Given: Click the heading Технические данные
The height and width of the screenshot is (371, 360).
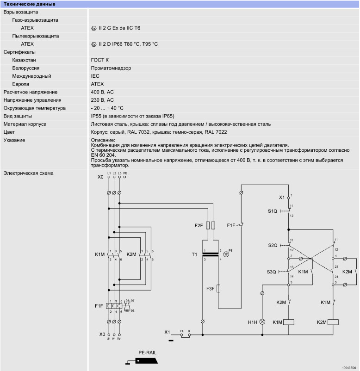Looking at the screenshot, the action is [29, 4].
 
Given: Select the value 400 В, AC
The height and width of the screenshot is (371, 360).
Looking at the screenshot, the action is [102, 92].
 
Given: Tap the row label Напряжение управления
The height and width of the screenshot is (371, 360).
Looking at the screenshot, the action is [32, 100].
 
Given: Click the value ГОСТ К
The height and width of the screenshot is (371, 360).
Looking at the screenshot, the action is [99, 60].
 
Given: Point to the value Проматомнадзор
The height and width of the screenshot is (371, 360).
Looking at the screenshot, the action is [111, 68].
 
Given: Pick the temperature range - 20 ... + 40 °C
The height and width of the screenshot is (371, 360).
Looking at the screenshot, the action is [107, 108].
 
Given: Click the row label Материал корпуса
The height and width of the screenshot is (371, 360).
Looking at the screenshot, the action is [25, 124].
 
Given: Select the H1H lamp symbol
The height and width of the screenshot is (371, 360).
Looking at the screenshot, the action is [262, 322].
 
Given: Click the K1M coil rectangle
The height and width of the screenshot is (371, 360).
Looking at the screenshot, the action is [289, 322].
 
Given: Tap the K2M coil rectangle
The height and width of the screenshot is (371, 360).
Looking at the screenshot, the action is [333, 322].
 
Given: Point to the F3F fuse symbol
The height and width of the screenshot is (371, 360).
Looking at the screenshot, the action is [218, 288].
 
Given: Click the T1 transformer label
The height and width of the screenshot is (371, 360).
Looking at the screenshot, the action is [194, 254].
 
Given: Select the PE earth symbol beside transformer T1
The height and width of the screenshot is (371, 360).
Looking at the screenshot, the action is [226, 254].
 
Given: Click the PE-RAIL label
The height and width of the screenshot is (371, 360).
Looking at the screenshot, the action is [148, 352].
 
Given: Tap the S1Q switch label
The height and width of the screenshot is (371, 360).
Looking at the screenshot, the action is [273, 211].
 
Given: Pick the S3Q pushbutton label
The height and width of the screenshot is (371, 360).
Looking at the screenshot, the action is [271, 272].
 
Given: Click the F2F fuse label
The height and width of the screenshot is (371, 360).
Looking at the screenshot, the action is [199, 225].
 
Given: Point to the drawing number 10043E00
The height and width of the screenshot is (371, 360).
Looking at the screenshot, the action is [349, 368].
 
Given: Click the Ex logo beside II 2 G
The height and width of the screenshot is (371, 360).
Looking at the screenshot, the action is [94, 28].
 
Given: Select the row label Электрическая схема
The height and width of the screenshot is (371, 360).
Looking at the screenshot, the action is [28, 173].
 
